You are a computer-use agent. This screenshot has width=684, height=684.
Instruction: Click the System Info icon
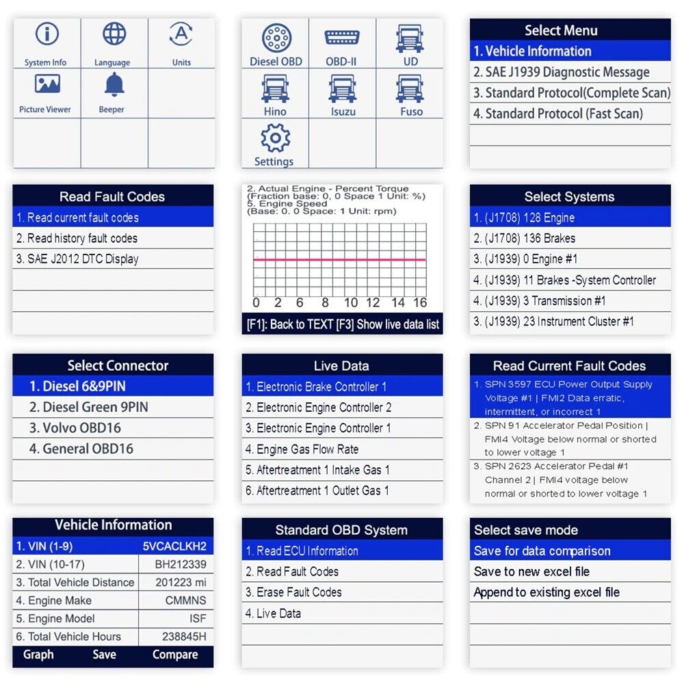click(x=47, y=34)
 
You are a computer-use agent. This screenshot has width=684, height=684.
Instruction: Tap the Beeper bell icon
click(x=114, y=85)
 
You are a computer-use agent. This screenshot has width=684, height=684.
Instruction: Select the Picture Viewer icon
click(x=47, y=83)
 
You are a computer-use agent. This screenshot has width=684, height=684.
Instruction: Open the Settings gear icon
click(x=275, y=138)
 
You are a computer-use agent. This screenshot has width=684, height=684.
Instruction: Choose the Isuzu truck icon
click(x=343, y=88)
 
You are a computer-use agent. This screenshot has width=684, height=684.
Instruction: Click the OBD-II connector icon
click(x=342, y=38)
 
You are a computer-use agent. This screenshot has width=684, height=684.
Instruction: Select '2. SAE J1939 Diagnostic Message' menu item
click(x=562, y=72)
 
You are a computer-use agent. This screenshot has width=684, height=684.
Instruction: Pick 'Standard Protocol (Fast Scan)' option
click(x=564, y=114)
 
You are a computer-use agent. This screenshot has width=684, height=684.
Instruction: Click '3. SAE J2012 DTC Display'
click(x=77, y=259)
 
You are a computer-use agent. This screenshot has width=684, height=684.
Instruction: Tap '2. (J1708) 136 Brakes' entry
click(x=525, y=238)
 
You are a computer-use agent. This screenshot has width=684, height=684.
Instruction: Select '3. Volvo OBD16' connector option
click(x=75, y=428)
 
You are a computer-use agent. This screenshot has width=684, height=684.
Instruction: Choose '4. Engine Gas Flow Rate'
click(x=302, y=449)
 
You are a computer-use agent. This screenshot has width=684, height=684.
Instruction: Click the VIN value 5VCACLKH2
click(x=174, y=546)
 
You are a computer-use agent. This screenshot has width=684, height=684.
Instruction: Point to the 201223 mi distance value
click(x=181, y=582)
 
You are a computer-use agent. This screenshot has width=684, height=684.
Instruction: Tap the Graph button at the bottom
click(x=38, y=655)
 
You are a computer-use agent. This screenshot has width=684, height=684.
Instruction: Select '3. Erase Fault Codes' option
click(x=293, y=592)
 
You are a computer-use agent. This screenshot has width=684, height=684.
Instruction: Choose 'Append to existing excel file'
click(x=547, y=592)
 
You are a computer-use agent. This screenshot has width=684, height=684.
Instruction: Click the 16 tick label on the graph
click(x=420, y=303)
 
